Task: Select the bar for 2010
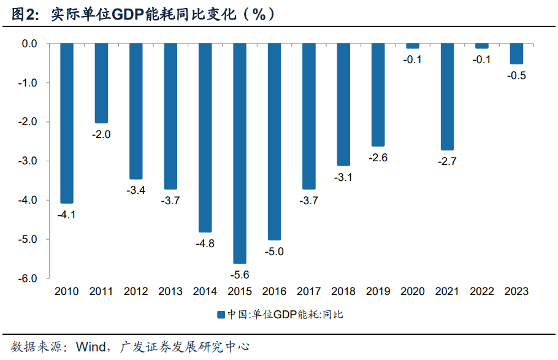click(67, 123)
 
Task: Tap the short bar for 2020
click(413, 46)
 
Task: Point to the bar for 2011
click(101, 83)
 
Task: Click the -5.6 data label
click(239, 274)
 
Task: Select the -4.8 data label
click(205, 243)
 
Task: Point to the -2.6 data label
click(378, 158)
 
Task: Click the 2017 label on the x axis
click(308, 292)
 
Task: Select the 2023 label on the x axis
click(516, 292)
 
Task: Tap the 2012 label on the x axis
click(136, 292)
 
